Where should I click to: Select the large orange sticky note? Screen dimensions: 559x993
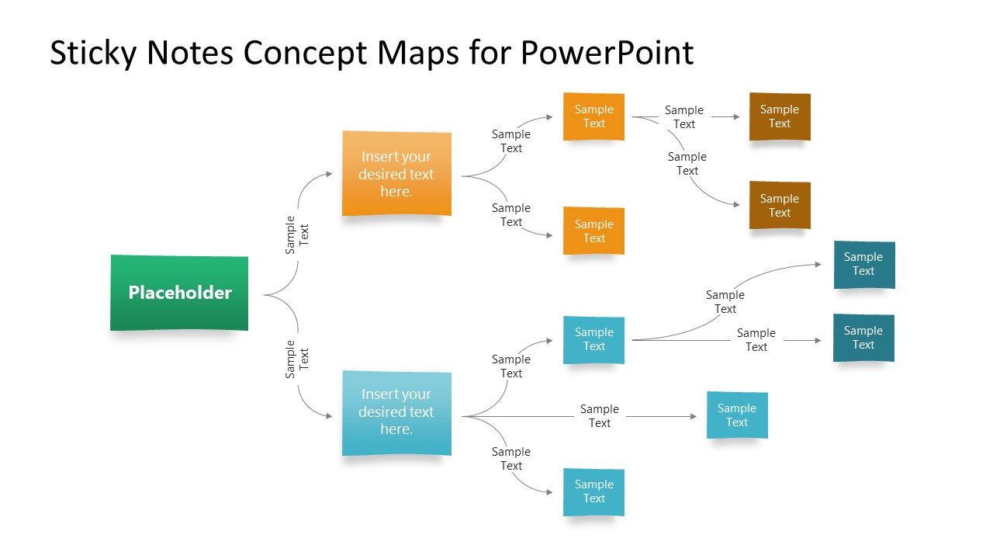(396, 173)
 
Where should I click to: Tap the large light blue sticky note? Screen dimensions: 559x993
(396, 412)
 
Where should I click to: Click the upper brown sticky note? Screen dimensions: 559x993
(780, 116)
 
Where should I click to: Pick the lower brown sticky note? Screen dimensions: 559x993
(780, 205)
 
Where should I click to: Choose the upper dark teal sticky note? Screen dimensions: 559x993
(864, 264)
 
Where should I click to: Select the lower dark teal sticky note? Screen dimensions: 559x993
(863, 338)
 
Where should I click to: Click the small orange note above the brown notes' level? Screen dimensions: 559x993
(593, 116)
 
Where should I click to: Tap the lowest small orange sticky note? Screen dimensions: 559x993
(593, 231)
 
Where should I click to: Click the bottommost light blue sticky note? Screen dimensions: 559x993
(593, 491)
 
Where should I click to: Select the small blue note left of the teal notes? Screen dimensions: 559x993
(593, 339)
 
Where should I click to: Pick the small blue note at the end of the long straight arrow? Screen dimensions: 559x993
(737, 415)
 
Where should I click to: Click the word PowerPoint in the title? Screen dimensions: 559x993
(607, 53)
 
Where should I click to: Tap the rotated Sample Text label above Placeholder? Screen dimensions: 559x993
(296, 234)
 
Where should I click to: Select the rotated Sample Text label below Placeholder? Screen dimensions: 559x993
(296, 359)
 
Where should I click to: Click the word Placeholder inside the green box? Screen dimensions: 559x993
(180, 293)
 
